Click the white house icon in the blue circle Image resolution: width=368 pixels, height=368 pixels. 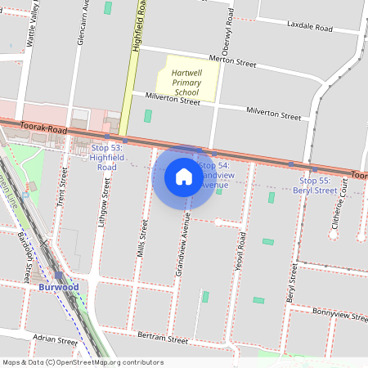184,176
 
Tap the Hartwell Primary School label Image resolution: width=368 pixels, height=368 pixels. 186,83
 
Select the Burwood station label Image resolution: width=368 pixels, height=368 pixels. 58,288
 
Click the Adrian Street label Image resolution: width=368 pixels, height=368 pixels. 55,337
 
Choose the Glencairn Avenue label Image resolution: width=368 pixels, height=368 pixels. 85,22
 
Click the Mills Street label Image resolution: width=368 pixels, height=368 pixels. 143,236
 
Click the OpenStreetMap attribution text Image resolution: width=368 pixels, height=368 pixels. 82,362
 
